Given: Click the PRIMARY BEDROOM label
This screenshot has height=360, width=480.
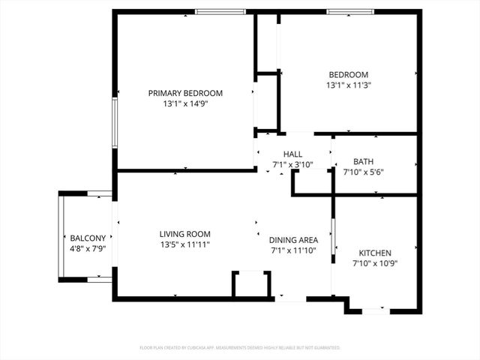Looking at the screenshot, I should click(185, 93).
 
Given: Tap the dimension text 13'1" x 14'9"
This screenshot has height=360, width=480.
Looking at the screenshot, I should click(185, 104).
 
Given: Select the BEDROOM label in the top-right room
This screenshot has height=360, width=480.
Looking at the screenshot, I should click(349, 74).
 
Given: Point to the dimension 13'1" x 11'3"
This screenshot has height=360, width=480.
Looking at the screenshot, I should click(349, 85).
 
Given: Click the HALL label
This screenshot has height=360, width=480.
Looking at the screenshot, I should click(292, 154).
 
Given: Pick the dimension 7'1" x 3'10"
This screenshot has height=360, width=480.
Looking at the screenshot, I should click(292, 164).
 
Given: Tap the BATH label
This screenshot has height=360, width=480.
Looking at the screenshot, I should click(363, 161).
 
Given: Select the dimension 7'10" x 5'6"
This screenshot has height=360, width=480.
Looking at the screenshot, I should click(363, 172).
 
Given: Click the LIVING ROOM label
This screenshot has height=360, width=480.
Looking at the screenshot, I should click(184, 233).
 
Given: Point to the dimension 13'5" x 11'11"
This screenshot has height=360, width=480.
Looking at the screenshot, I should click(184, 244).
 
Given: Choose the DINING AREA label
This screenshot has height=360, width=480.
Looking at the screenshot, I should click(294, 240).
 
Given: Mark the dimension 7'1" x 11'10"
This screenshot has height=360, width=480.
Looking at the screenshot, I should click(294, 250).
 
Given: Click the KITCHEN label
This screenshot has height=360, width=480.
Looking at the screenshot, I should click(375, 253).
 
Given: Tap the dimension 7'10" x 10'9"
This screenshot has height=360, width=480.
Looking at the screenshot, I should click(375, 264).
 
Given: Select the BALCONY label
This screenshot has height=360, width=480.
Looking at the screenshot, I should click(88, 238).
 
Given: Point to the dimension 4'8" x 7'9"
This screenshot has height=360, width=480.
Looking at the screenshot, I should click(88, 249).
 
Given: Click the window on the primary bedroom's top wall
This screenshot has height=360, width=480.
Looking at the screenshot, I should click(220, 11).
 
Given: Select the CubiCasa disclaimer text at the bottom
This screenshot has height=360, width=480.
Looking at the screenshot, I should click(240, 348).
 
